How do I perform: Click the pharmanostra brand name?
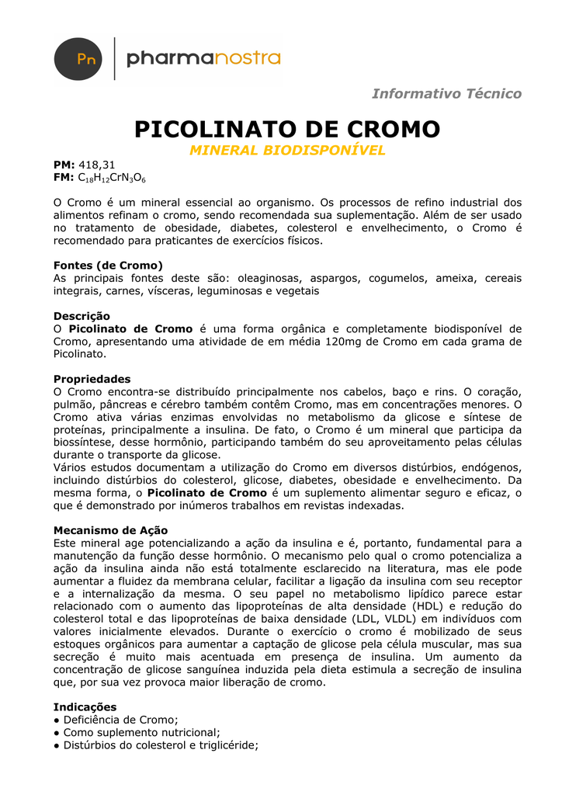[203, 58]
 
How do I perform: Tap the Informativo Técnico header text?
[446, 94]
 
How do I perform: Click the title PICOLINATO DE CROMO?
[287, 129]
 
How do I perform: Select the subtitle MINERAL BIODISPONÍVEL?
[287, 151]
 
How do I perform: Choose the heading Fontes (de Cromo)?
[108, 266]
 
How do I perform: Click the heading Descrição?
[82, 316]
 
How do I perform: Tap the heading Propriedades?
[92, 379]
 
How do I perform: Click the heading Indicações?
[85, 707]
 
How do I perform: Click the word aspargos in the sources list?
[335, 278]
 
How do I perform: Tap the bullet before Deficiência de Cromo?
[57, 720]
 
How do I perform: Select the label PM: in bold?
[64, 165]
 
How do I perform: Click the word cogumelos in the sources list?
[396, 278]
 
